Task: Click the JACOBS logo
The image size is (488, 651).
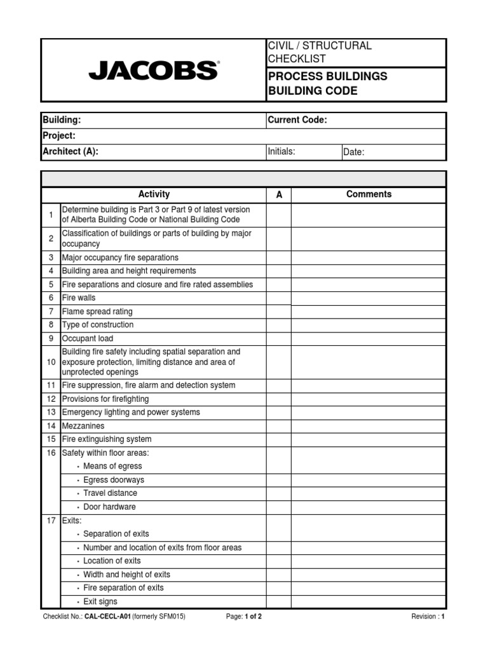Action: pos(153,70)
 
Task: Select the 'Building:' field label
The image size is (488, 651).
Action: pos(62,120)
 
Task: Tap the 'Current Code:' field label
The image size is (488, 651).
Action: pos(297,120)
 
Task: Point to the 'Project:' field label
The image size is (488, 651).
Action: pos(59,135)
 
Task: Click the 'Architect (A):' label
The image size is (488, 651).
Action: pos(70,151)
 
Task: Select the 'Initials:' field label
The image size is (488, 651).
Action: pos(281,151)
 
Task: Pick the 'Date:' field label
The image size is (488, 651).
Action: pos(353,152)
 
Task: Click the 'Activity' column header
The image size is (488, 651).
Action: pos(154,195)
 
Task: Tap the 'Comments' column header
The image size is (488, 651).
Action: pos(369,195)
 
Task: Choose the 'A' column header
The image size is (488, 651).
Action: pos(278,195)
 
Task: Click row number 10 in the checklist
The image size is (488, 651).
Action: pos(51,362)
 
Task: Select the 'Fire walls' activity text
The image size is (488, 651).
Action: pos(79,298)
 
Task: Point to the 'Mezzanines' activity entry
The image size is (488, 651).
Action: pos(83,426)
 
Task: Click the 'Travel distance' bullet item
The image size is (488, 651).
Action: pos(110,493)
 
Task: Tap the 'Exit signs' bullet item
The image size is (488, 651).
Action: pos(100,601)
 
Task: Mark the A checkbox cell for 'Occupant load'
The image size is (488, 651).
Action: pos(278,339)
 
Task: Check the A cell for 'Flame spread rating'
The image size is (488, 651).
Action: pos(278,312)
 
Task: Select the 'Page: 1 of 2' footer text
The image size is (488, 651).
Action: pos(243,617)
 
